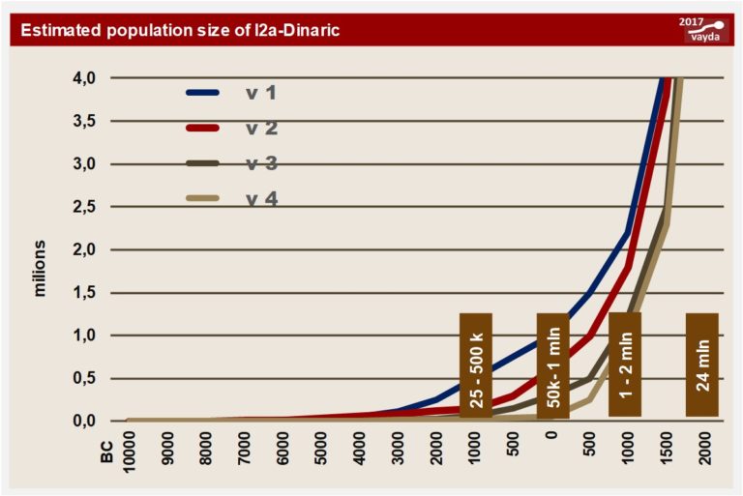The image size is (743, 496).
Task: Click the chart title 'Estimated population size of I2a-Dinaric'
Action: click(x=173, y=30)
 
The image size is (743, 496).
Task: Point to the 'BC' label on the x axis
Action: click(x=108, y=452)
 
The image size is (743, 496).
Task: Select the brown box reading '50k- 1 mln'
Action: click(x=552, y=365)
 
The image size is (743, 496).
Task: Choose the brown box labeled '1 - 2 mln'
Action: click(x=625, y=365)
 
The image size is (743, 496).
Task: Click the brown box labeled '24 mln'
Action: click(x=701, y=365)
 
